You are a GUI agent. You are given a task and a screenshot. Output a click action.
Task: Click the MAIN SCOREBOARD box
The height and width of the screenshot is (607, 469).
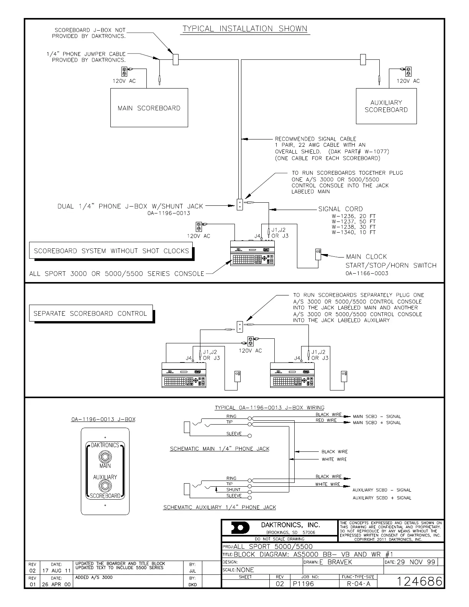point(149,108)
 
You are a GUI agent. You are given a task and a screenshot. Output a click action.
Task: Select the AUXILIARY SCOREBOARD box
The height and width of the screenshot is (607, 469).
point(386,106)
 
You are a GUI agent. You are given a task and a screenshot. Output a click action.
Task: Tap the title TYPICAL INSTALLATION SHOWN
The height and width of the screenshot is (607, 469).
point(244,29)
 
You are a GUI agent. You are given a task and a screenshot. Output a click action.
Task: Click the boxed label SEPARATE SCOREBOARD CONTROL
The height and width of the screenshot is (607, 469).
point(90,313)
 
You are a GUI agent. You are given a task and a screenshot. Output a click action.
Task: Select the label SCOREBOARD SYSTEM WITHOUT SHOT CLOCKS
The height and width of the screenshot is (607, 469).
point(111,251)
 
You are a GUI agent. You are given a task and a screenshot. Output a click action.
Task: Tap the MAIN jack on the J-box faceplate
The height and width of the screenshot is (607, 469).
point(105,457)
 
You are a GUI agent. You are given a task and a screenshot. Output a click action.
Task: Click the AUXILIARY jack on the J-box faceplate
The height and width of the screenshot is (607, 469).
point(105,486)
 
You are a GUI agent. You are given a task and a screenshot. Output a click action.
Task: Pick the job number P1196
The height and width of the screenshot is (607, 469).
point(303,584)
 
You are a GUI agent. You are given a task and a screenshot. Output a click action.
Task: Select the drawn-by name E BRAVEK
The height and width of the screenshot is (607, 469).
point(336,562)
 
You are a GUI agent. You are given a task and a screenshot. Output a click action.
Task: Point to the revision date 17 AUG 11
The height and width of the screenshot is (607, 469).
point(56,571)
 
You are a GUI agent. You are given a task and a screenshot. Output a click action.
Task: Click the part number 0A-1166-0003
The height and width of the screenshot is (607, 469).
point(367,273)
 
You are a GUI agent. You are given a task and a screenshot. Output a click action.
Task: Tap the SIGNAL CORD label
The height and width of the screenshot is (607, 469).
point(340,209)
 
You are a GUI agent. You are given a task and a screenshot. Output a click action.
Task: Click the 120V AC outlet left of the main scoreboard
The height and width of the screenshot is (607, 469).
point(124,71)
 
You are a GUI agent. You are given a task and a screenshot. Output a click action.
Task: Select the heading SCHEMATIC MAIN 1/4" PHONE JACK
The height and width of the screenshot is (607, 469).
point(220,449)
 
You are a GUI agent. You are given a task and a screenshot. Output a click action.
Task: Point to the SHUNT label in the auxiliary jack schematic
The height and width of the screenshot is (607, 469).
point(233,490)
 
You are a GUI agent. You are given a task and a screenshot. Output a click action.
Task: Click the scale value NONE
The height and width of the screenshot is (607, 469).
point(245,570)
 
